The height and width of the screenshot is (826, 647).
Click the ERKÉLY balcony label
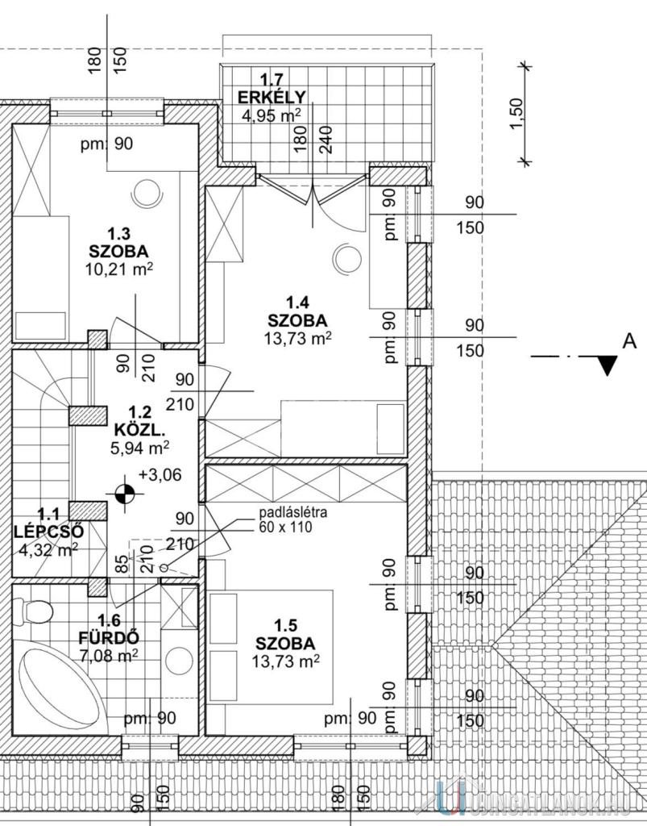260,98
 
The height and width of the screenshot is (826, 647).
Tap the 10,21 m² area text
119,269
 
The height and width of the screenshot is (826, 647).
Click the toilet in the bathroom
35,611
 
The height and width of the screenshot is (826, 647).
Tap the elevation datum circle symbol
125,491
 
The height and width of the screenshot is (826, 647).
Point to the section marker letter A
629,341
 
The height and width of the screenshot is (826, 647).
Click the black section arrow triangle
608,365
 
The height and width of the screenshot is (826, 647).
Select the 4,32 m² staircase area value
48,552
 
